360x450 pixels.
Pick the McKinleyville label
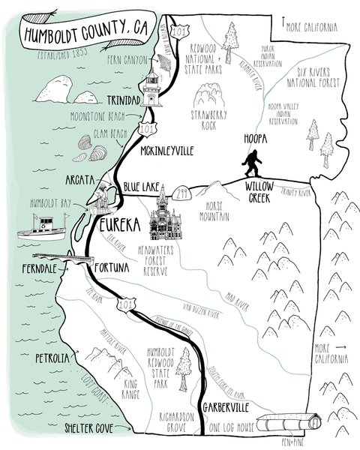(166, 151)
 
